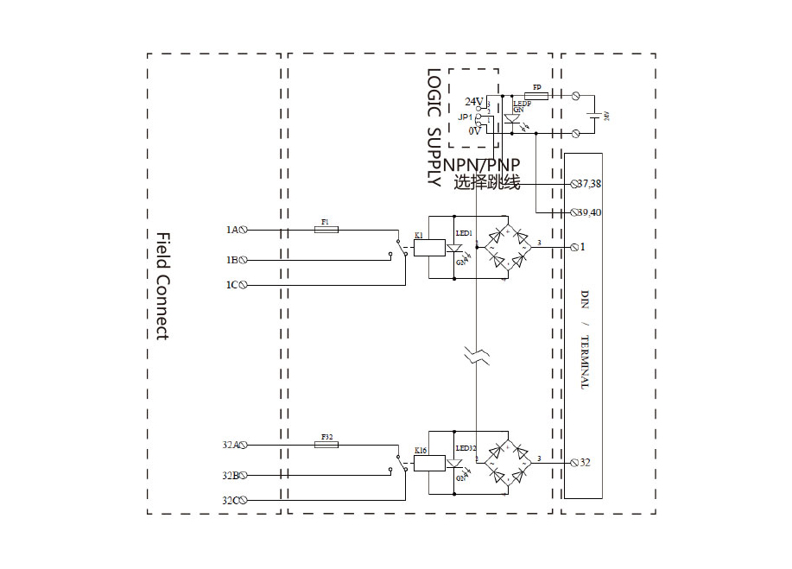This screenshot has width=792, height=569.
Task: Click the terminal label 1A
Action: point(231,230)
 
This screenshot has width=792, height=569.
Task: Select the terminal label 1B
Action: point(231,259)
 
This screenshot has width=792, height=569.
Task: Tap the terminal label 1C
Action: point(231,285)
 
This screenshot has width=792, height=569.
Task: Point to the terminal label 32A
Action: point(230,445)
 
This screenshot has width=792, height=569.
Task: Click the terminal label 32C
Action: point(230,500)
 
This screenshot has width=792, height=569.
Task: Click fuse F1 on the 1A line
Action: point(326,230)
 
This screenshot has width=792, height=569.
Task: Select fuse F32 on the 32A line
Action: point(326,445)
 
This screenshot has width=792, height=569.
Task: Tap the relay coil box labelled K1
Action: point(429,248)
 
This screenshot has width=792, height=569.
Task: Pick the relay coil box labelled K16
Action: point(429,463)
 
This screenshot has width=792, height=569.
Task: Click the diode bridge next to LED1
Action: point(507,247)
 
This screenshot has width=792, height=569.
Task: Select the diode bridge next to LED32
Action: point(507,462)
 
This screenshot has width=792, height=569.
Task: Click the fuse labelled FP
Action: point(536,95)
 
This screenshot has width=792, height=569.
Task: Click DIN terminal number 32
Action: point(585,463)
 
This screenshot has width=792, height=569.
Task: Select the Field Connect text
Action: point(162,285)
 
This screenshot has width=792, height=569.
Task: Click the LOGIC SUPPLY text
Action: point(434,129)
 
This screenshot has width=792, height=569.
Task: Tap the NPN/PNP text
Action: point(488,165)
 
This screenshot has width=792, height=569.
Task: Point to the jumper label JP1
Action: point(466,117)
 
